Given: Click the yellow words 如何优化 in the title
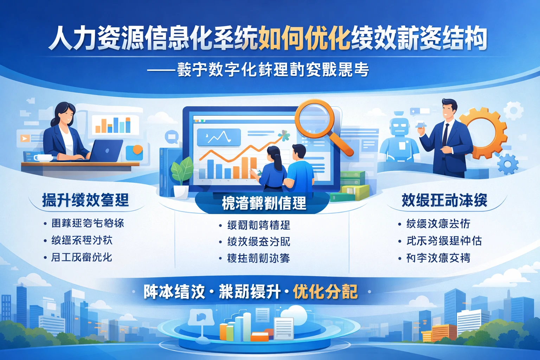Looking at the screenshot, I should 304,38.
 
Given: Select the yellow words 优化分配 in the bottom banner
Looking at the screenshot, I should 325,292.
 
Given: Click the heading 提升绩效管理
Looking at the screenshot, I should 85,200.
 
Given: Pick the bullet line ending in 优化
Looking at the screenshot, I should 82,257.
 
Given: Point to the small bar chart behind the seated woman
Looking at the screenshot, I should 113,125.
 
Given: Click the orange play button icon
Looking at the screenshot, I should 25,139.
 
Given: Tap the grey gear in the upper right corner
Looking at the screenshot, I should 514,111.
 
